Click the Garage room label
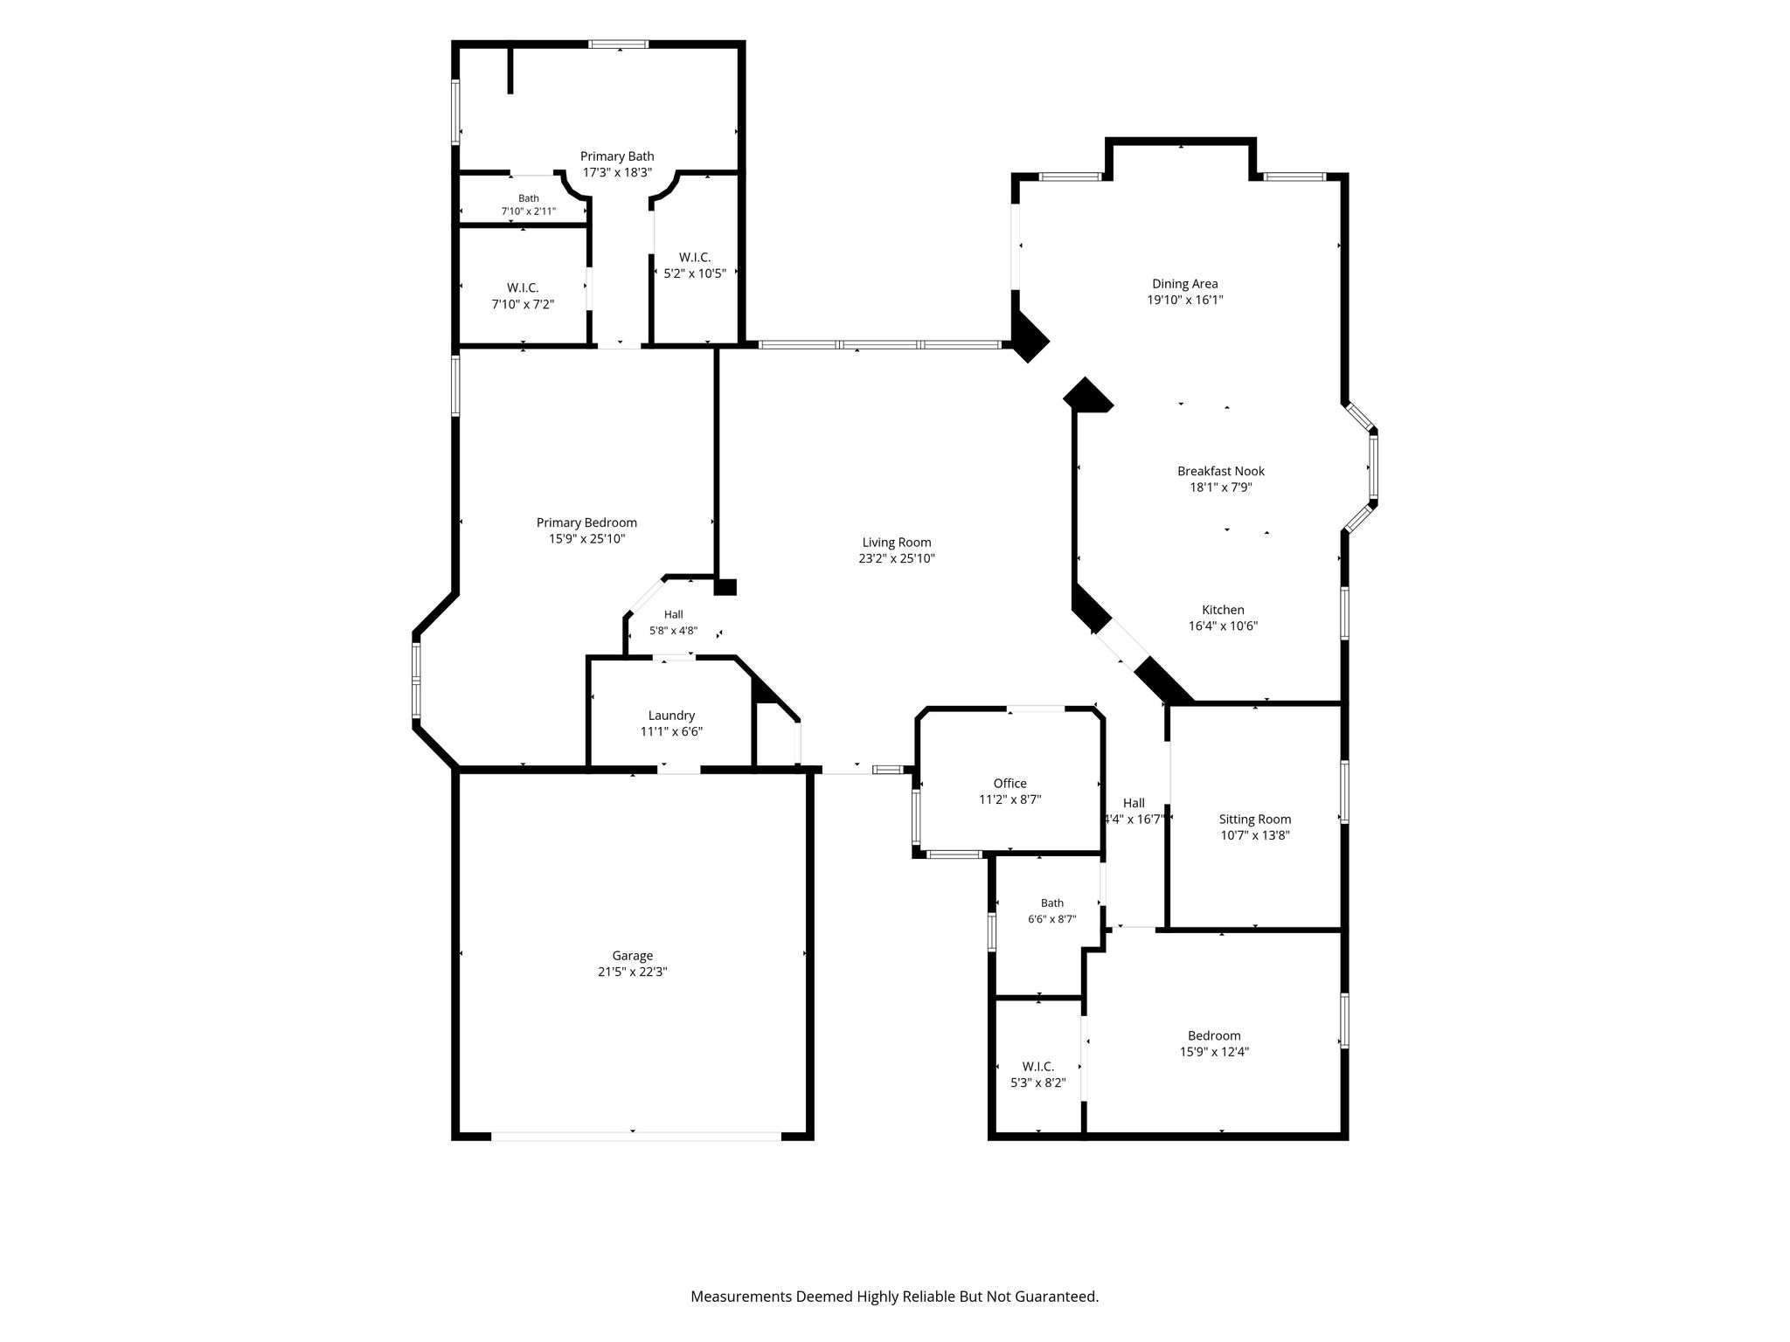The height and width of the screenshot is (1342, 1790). point(632,956)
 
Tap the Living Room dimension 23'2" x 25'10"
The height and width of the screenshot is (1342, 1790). point(897,558)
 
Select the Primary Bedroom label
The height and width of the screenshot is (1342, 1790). point(586,523)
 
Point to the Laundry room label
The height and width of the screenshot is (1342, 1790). point(671,716)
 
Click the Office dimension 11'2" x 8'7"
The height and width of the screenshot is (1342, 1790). point(1009,799)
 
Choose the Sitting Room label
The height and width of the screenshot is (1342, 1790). point(1255,820)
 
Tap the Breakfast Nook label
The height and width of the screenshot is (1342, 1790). point(1221,472)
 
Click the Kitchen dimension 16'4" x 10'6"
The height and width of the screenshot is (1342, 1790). point(1223,626)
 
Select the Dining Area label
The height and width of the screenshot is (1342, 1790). point(1184,284)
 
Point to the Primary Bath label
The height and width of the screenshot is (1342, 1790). point(617,156)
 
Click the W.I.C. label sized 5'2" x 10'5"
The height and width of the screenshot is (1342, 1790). point(695,258)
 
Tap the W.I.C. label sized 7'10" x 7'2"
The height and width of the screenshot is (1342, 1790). point(523,288)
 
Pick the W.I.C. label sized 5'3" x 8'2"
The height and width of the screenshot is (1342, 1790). point(1038,1067)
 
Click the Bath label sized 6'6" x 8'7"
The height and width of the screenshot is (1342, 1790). point(1052,903)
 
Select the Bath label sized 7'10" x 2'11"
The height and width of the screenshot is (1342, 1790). point(529,198)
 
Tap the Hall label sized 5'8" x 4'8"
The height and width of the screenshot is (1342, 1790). point(673,615)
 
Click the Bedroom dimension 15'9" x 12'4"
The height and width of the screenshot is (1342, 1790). point(1214,1053)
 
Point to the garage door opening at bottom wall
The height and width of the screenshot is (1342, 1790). point(636,1137)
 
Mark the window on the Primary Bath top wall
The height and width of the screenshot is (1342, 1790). point(619,44)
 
